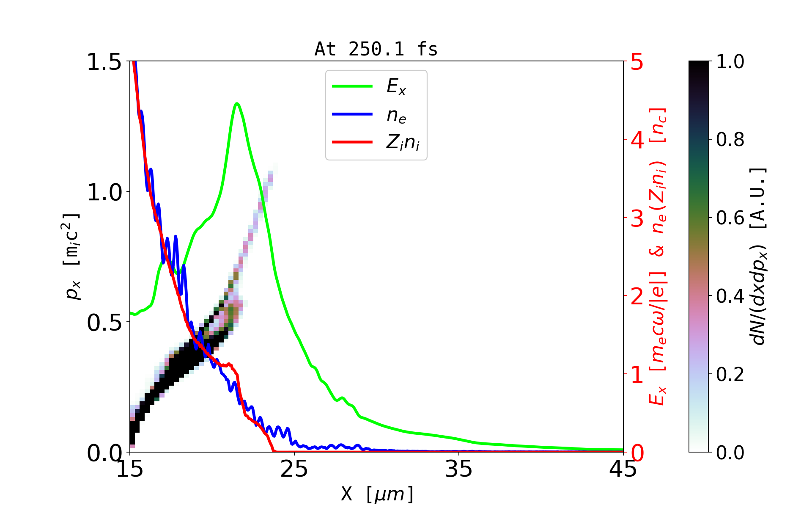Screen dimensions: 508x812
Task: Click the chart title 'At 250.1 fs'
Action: (x=376, y=49)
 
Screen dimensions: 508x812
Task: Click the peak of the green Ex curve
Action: (x=237, y=103)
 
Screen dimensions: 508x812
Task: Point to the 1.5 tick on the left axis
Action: (x=104, y=62)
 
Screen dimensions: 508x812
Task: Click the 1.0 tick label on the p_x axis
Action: (x=104, y=193)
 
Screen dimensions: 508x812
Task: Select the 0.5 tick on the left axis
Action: (x=104, y=323)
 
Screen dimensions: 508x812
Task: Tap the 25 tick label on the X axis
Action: (x=294, y=469)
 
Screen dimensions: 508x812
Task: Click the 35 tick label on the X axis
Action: (x=459, y=469)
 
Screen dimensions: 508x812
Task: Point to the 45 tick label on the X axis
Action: (x=623, y=469)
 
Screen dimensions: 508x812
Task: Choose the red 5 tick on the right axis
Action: (x=637, y=62)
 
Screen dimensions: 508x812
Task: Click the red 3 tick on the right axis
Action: (x=637, y=218)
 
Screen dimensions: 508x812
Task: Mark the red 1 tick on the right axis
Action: (x=637, y=375)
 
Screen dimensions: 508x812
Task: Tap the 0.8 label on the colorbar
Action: (x=730, y=139)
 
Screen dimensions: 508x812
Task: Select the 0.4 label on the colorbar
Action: (x=730, y=296)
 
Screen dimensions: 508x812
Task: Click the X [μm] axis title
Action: (x=377, y=494)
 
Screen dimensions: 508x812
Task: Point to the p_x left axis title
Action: (x=72, y=257)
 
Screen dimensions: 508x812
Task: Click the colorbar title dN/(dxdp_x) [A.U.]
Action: (x=759, y=257)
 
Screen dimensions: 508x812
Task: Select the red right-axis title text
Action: (x=658, y=257)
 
